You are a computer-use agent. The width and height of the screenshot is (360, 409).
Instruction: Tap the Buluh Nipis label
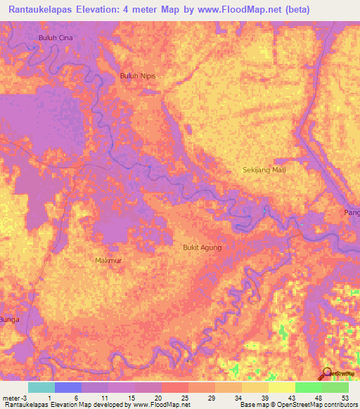coord(137,76)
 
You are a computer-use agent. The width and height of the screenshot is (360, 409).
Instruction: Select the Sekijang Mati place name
coord(264,170)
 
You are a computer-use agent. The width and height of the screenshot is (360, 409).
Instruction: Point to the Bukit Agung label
coord(202,247)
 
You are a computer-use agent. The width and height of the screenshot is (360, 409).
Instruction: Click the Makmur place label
coord(108,260)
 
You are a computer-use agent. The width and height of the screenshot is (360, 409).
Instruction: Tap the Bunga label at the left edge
coord(10,319)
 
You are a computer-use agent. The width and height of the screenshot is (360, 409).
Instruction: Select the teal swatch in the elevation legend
coord(41,387)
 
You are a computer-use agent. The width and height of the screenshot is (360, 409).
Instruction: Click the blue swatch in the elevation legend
coord(67,387)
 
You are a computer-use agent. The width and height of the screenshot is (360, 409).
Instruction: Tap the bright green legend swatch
coord(308,387)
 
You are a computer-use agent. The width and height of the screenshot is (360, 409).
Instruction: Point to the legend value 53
coord(345,397)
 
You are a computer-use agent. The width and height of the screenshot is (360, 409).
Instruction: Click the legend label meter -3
coord(13,397)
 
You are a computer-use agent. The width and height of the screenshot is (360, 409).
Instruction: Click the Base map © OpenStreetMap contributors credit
coord(297,405)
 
